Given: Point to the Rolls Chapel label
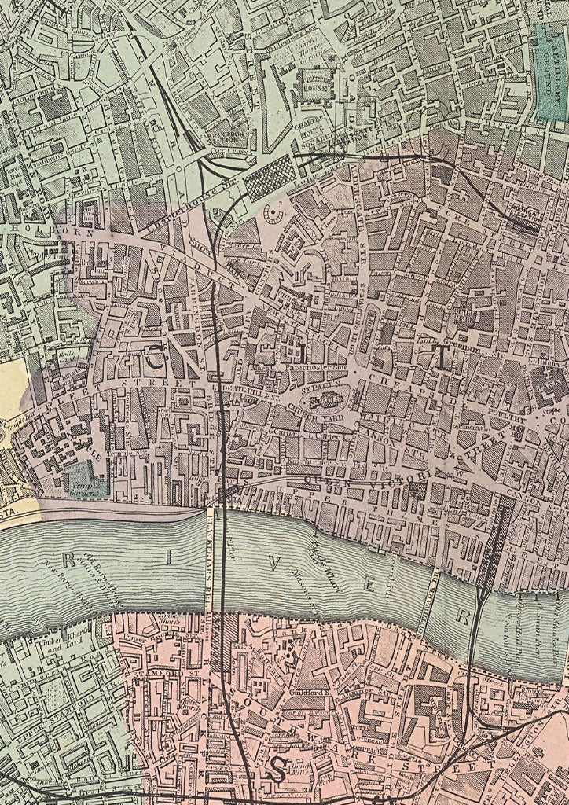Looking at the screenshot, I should (60, 354).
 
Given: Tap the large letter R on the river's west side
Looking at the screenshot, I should (69, 558).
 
